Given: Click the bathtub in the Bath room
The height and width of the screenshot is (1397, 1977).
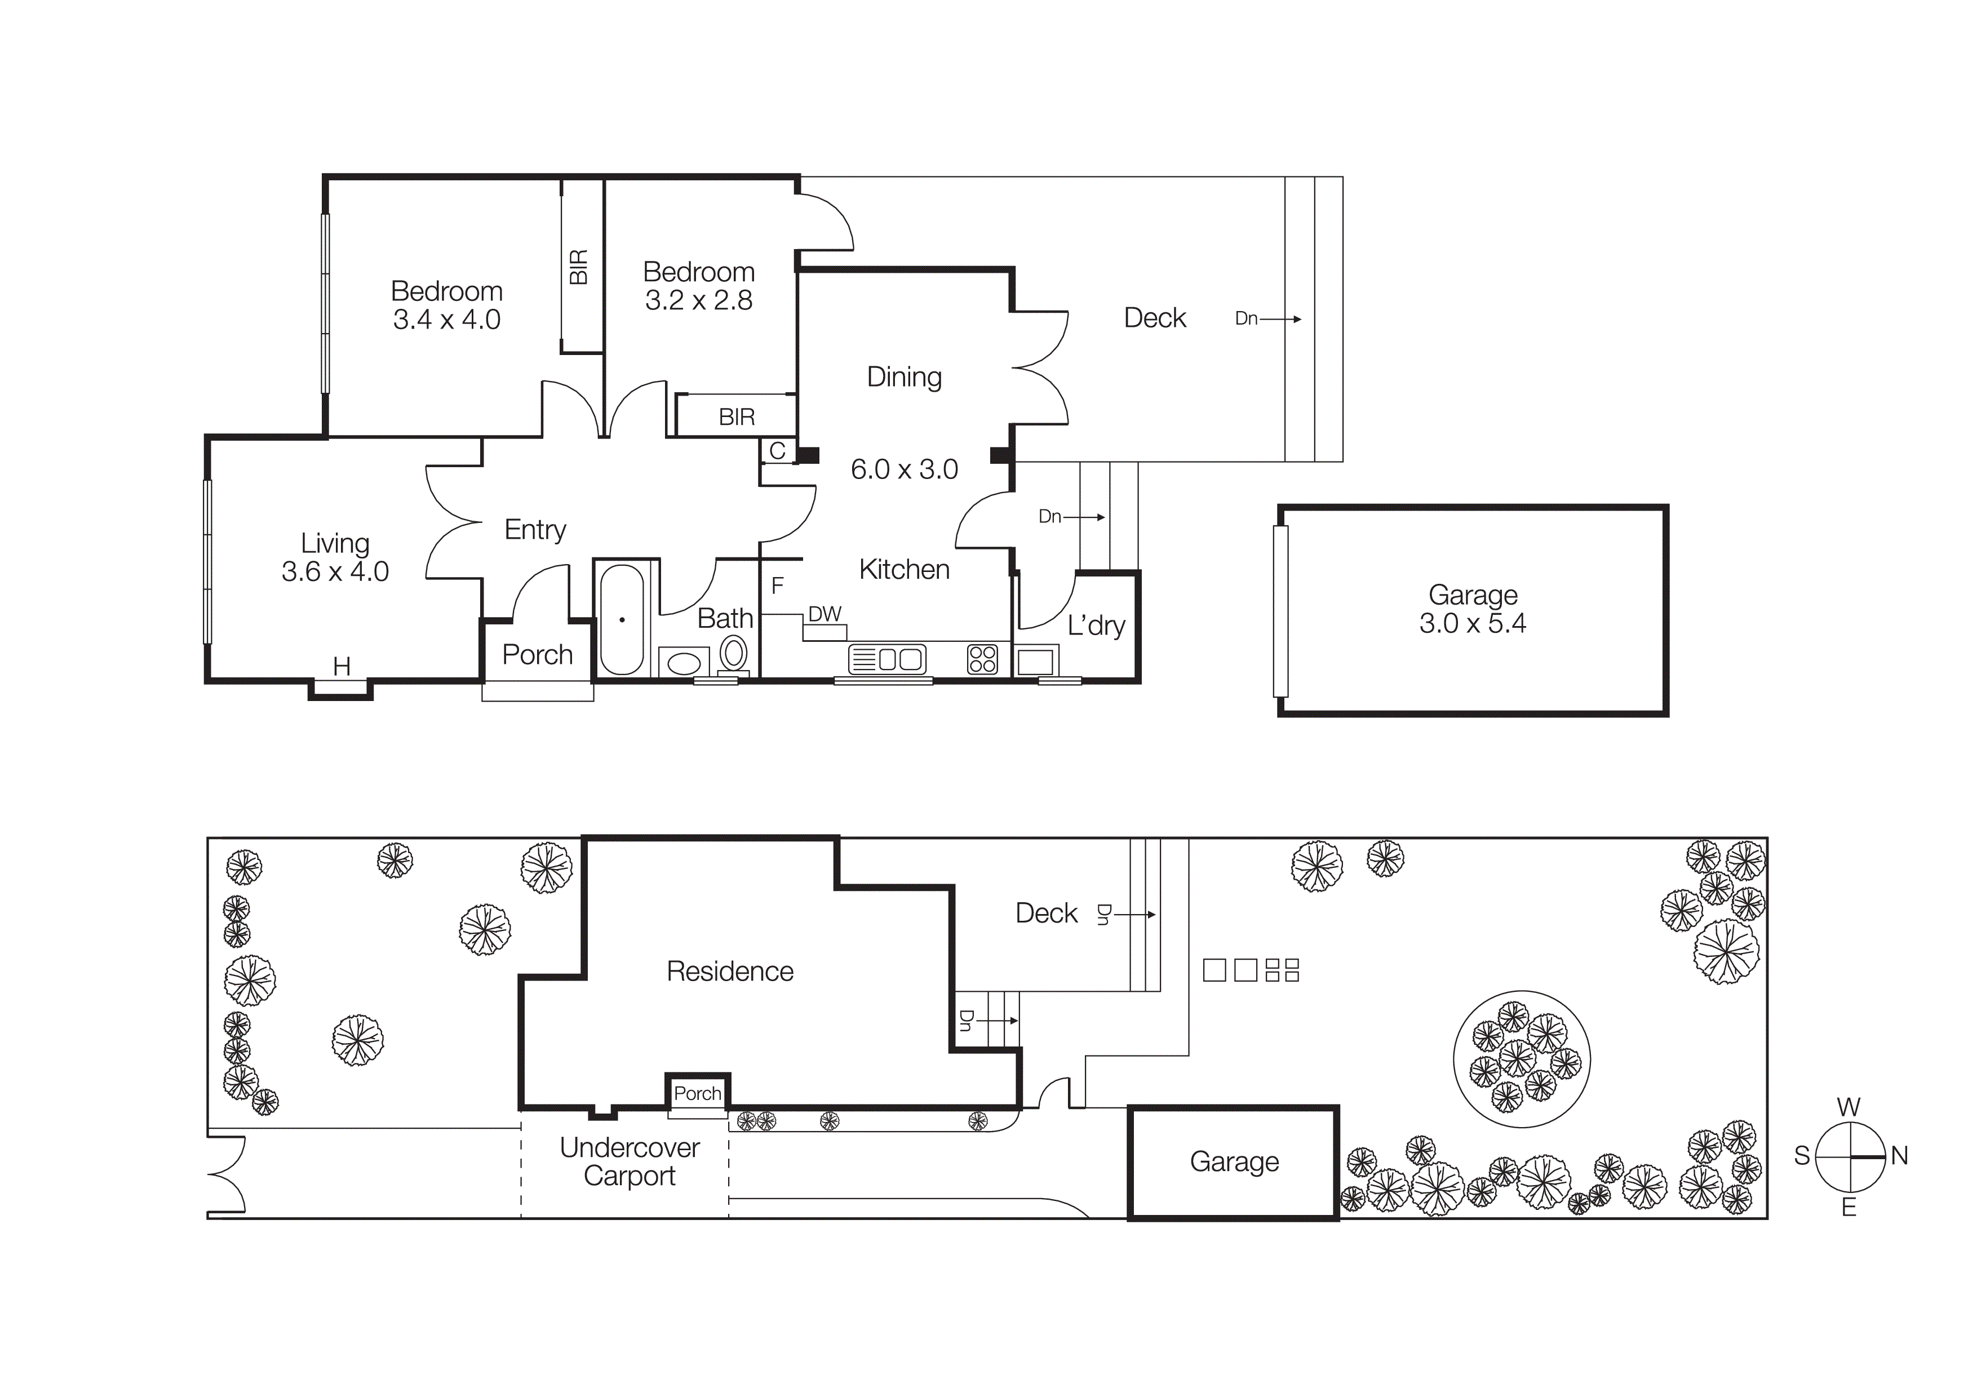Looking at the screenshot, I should (x=622, y=620).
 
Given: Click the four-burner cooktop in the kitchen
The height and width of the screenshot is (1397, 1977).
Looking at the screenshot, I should (x=982, y=659).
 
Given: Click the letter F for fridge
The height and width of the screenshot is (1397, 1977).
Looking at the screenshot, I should (x=777, y=586).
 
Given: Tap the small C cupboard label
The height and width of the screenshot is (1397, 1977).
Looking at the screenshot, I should (x=777, y=451).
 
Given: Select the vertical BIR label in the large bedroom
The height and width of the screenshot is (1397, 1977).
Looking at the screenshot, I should (x=579, y=267).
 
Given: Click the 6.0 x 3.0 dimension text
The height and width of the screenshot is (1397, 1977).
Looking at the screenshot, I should (x=904, y=469).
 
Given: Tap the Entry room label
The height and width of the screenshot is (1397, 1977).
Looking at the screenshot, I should (x=535, y=529).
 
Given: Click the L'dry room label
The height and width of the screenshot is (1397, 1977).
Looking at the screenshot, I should (x=1096, y=625).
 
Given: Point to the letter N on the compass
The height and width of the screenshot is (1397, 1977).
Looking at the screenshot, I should (x=1899, y=1156).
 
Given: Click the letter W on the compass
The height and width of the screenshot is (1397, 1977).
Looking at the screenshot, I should (x=1849, y=1107).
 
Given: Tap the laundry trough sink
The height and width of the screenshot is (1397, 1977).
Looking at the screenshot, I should (x=1035, y=661).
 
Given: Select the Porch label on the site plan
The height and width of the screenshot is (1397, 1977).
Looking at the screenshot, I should (x=697, y=1093).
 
